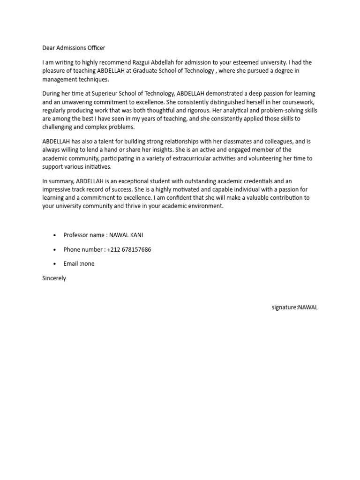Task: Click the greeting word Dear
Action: pyautogui.click(x=49, y=48)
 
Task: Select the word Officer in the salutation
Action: pyautogui.click(x=96, y=48)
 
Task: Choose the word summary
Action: pyautogui.click(x=60, y=181)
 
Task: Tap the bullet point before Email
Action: pyautogui.click(x=55, y=264)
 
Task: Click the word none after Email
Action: pyautogui.click(x=87, y=264)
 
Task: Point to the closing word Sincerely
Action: pyautogui.click(x=54, y=278)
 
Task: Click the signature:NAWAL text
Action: pyautogui.click(x=294, y=307)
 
